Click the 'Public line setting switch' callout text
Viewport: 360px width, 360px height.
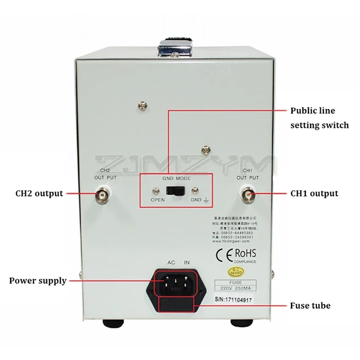(319, 118)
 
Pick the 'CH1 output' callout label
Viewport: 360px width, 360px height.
(314, 194)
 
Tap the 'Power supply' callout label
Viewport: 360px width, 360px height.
(38, 280)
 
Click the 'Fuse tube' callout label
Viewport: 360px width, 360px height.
(310, 305)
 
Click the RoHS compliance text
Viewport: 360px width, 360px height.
(246, 254)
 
